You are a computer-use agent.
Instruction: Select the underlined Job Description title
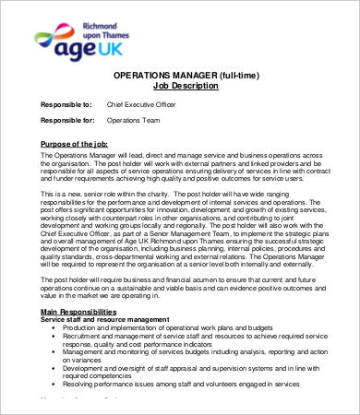click(x=187, y=85)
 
